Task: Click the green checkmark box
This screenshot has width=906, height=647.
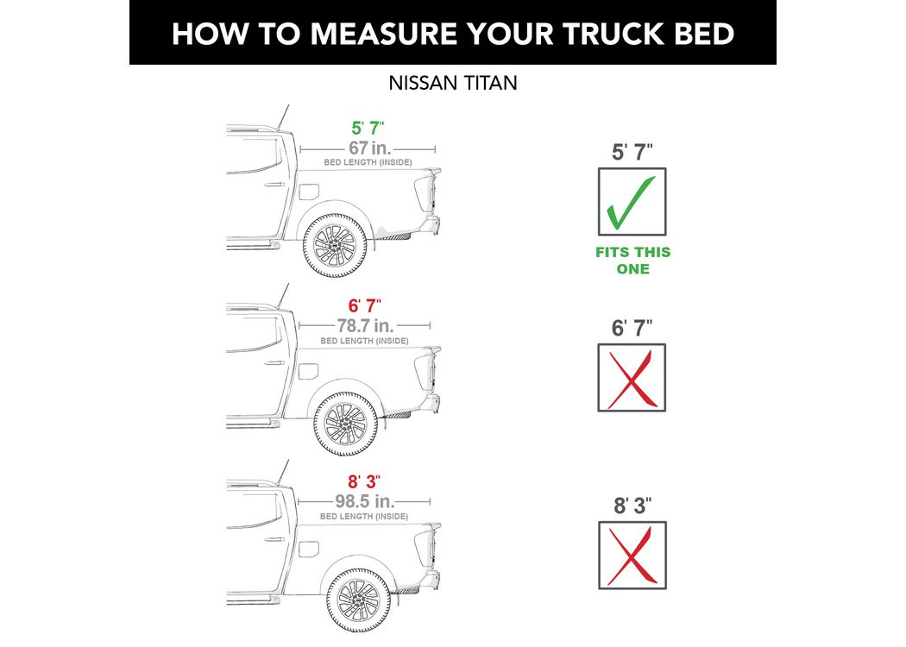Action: (x=632, y=202)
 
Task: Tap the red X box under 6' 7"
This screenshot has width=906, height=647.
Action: (x=632, y=378)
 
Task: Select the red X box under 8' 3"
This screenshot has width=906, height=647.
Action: (x=632, y=556)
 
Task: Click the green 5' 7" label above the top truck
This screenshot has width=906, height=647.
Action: (x=368, y=128)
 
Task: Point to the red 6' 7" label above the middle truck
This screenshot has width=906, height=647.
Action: (x=365, y=305)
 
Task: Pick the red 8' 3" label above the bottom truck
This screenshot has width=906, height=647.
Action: (x=364, y=481)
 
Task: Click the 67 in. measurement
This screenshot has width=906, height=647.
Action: (x=370, y=148)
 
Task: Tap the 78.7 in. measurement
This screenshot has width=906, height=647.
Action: (x=365, y=326)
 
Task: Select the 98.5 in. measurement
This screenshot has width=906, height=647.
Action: (x=365, y=501)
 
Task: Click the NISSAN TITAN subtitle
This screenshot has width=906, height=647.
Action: (x=452, y=83)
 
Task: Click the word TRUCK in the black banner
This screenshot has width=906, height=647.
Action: (x=613, y=34)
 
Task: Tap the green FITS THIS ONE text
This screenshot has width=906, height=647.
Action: (x=632, y=261)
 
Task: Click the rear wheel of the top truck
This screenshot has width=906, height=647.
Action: (x=335, y=245)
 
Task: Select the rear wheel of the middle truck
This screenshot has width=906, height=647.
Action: (x=345, y=424)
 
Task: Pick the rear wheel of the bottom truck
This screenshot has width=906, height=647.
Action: (x=359, y=600)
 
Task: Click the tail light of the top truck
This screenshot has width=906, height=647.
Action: (x=425, y=192)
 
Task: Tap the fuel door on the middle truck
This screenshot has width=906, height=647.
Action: (x=309, y=372)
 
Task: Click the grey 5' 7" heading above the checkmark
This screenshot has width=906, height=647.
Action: (x=632, y=153)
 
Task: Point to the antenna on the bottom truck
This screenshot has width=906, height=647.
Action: (x=282, y=473)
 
